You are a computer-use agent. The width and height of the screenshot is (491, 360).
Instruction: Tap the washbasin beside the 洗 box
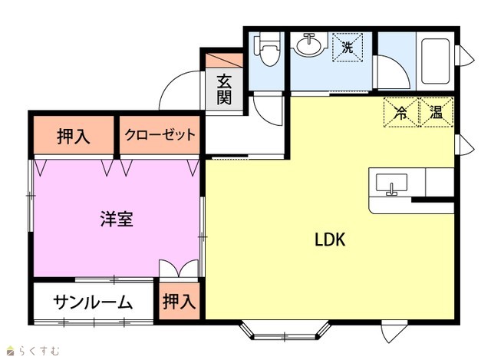pos(309,45)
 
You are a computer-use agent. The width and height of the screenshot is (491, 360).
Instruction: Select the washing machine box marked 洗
pos(348,48)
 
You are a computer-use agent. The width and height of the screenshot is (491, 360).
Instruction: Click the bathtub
pos(435,61)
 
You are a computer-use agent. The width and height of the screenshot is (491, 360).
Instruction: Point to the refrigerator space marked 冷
pos(401,112)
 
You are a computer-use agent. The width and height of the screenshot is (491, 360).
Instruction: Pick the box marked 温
pos(437,112)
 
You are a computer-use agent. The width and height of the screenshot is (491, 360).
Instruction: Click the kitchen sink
pos(391,184)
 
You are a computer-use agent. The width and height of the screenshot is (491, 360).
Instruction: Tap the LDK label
pos(330,239)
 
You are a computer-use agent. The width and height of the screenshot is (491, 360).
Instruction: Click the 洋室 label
pos(117,219)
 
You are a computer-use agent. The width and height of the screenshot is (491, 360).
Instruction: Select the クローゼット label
pos(160,135)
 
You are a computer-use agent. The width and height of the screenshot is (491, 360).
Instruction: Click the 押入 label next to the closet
pos(74,137)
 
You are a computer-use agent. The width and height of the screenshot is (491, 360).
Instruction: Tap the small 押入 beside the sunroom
pos(179,301)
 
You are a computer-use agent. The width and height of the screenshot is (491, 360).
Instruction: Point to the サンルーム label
pos(93,302)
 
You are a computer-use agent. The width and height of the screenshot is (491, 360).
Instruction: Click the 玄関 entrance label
pos(224,90)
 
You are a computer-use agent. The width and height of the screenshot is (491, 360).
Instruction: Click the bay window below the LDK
pos(285,332)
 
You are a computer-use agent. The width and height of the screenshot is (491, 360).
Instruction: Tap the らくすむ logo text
pos(39,351)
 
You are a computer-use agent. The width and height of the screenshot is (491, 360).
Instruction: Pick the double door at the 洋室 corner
pos(179,268)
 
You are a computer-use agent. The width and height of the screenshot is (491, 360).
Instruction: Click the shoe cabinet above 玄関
pos(224,61)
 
